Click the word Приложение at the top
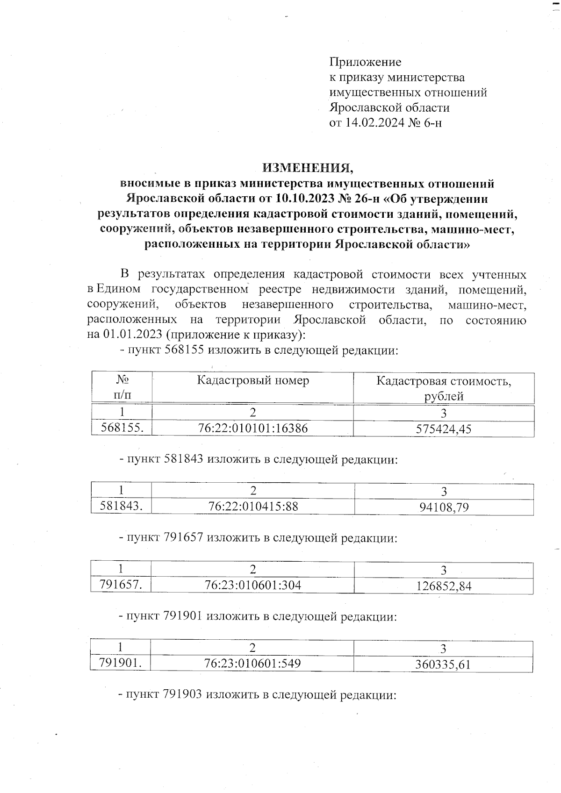[365, 62]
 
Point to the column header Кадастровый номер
[253, 381]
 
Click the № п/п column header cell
[122, 388]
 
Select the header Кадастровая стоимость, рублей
[444, 388]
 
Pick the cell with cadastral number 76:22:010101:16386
[253, 428]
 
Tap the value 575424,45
[444, 429]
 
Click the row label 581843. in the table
[122, 506]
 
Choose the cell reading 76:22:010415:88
[253, 507]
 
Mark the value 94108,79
[444, 507]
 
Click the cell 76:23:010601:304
[253, 585]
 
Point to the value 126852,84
[444, 586]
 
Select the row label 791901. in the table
[121, 663]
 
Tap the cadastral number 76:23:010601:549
[252, 664]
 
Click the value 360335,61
[443, 664]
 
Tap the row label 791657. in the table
[121, 585]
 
